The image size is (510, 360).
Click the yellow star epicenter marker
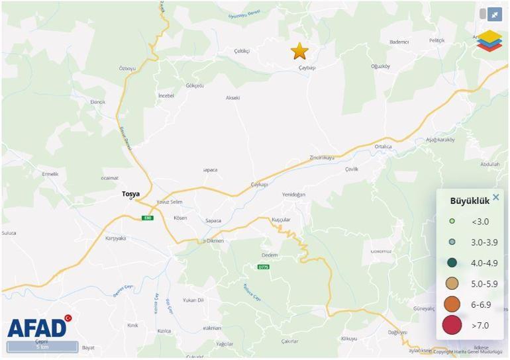(x=299, y=51)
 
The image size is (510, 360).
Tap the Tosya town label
(x=130, y=194)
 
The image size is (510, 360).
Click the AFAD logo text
(x=37, y=328)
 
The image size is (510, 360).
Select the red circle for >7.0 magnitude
(x=452, y=325)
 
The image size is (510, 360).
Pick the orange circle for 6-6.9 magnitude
(x=452, y=304)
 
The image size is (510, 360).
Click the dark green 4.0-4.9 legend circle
(x=452, y=263)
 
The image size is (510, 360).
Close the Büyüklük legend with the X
(x=495, y=197)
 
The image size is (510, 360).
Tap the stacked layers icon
(x=489, y=40)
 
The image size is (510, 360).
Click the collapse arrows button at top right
(x=494, y=14)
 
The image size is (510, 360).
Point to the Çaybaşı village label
(x=307, y=67)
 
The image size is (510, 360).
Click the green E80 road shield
(x=147, y=218)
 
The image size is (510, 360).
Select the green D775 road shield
(x=264, y=267)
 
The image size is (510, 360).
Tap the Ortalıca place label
(x=383, y=147)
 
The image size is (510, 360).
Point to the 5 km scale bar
(x=42, y=347)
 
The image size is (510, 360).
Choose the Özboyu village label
(x=127, y=69)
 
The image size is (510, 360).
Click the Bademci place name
(x=399, y=42)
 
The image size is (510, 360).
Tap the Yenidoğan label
(x=293, y=195)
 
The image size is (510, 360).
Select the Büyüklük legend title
(x=469, y=201)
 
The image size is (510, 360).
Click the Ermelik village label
(x=50, y=174)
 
